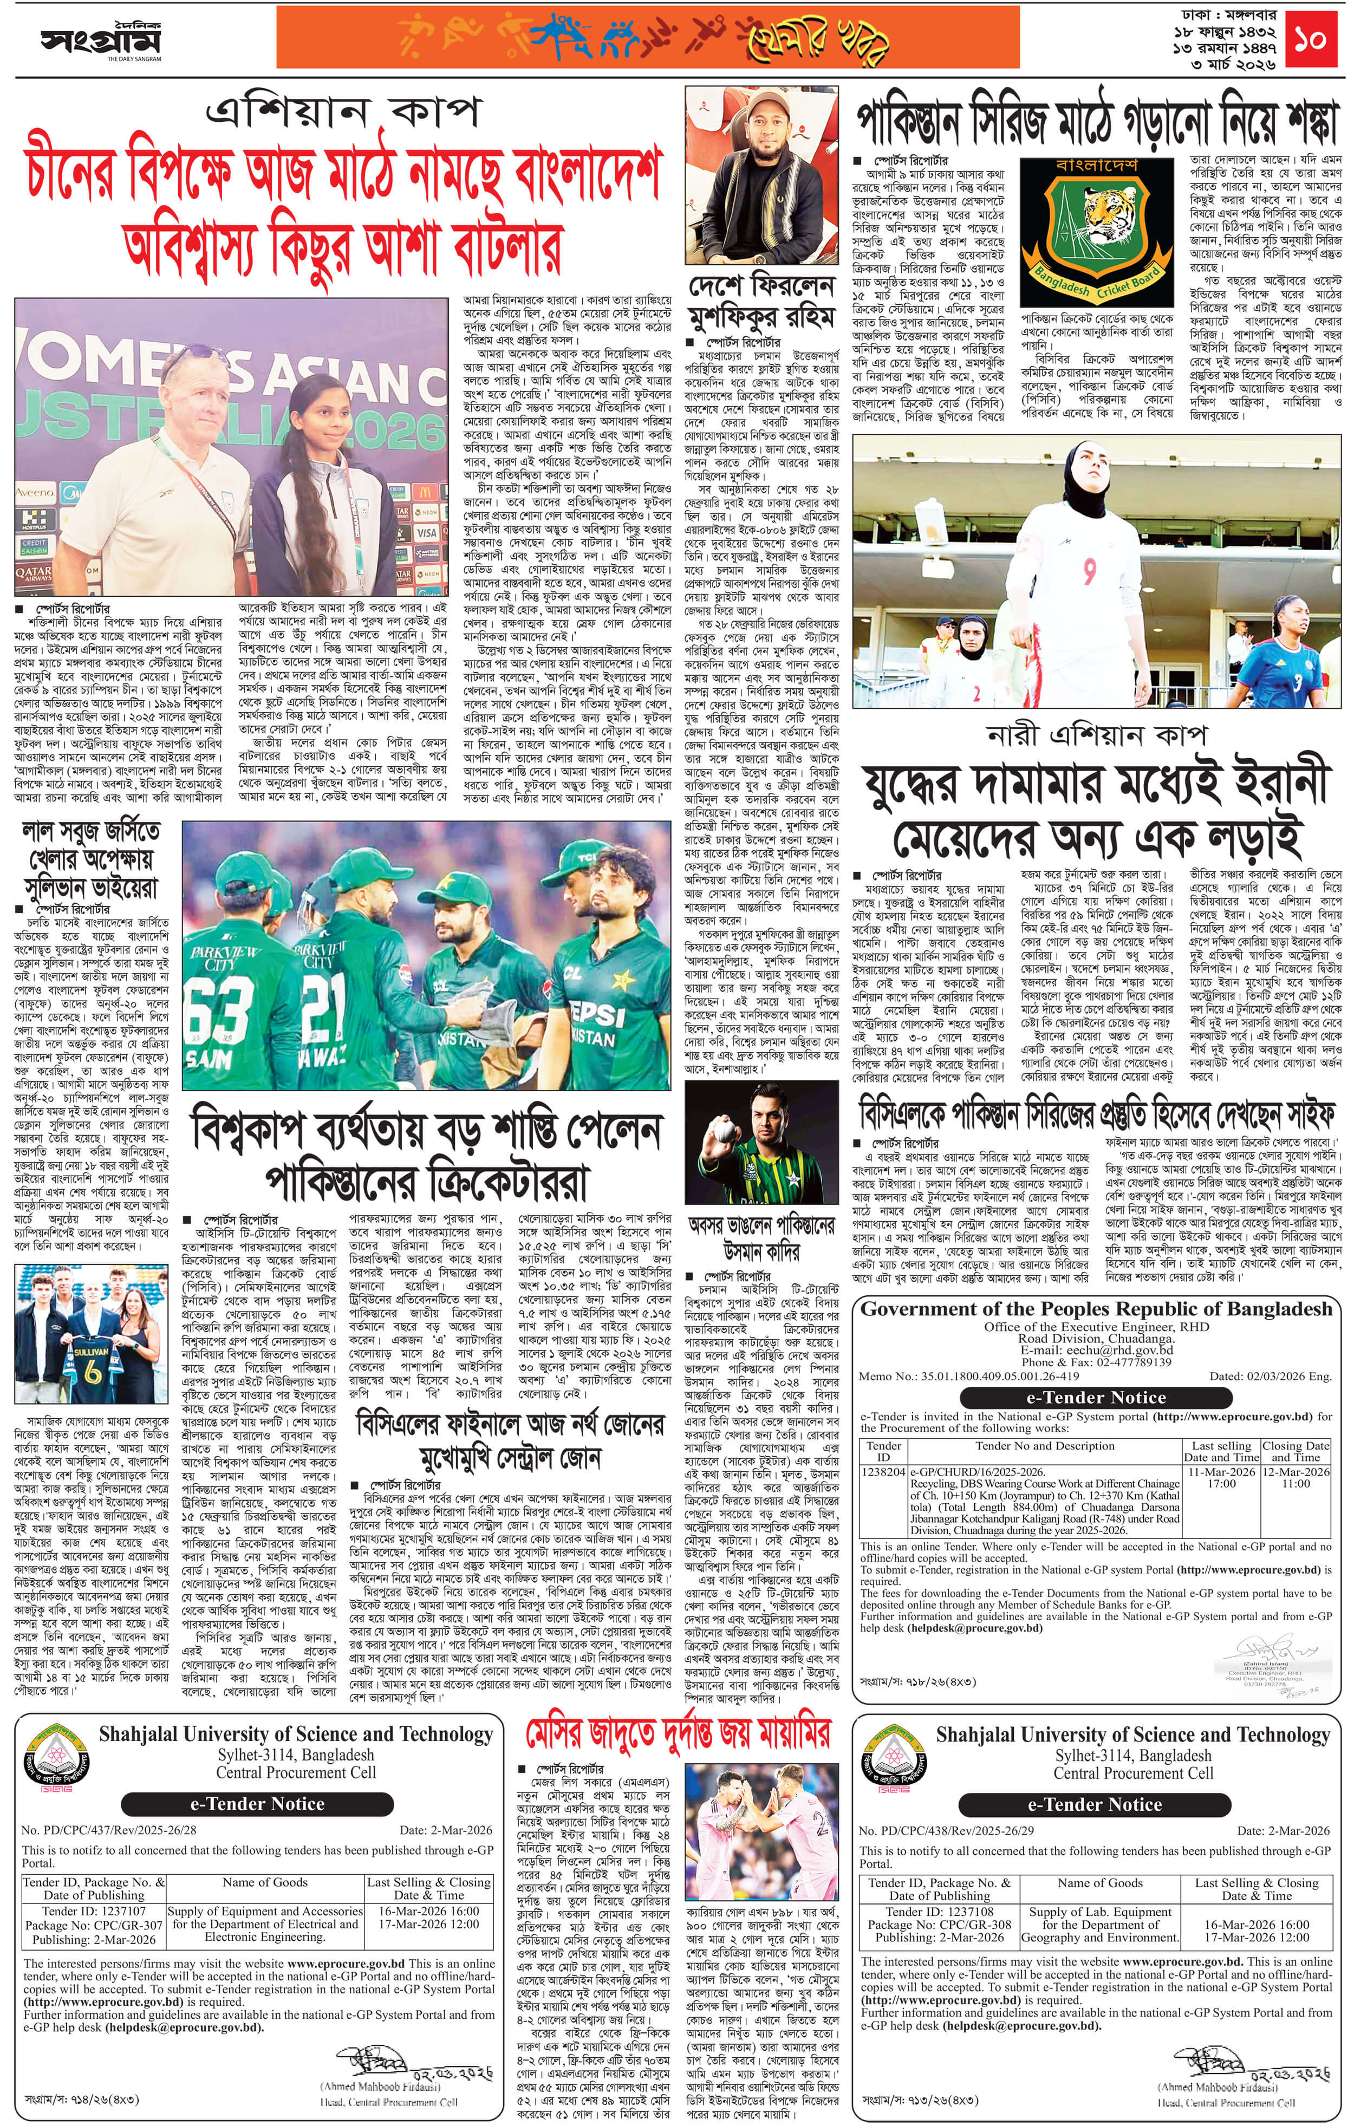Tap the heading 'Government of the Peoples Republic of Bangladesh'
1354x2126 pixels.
pyautogui.click(x=1095, y=1308)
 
